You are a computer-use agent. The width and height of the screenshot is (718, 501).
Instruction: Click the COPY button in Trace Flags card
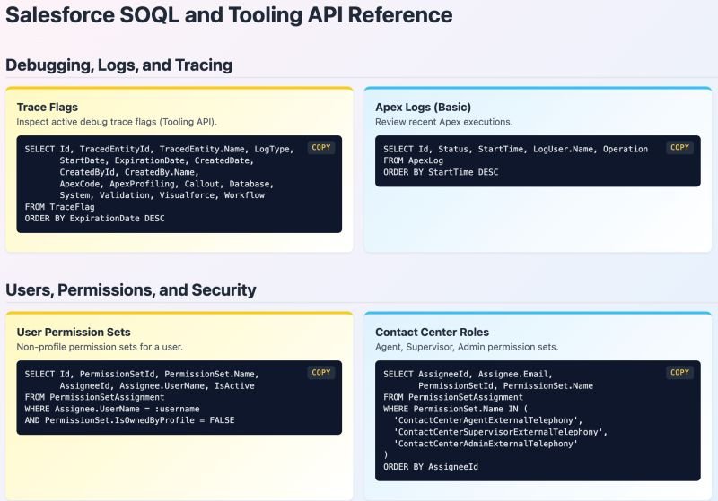[x=321, y=147]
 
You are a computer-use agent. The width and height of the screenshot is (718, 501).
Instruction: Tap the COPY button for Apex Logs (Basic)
[x=679, y=147]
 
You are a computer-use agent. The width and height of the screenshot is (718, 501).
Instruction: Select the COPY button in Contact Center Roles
[x=679, y=372]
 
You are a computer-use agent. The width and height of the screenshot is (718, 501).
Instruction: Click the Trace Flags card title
[x=48, y=107]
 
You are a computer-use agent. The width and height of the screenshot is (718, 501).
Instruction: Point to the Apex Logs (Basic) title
[x=423, y=107]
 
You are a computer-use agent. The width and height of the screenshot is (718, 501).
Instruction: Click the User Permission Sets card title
[x=74, y=332]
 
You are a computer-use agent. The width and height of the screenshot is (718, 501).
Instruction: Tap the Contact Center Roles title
[x=432, y=332]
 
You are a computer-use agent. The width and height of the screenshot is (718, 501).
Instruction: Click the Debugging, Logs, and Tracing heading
[x=119, y=65]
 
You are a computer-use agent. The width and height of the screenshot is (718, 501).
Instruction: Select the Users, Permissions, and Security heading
[x=131, y=289]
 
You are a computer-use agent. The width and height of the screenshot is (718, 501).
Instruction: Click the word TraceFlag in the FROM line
[x=72, y=207]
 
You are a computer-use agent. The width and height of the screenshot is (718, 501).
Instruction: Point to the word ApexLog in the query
[x=425, y=160]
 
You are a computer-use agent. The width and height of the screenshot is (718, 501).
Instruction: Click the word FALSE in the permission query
[x=222, y=420]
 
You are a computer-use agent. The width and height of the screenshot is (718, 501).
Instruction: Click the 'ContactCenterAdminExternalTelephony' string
[x=486, y=444]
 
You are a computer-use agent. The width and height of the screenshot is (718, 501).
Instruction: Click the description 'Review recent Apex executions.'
[x=443, y=122]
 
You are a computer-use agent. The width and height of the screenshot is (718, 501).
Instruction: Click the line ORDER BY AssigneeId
[x=431, y=467]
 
